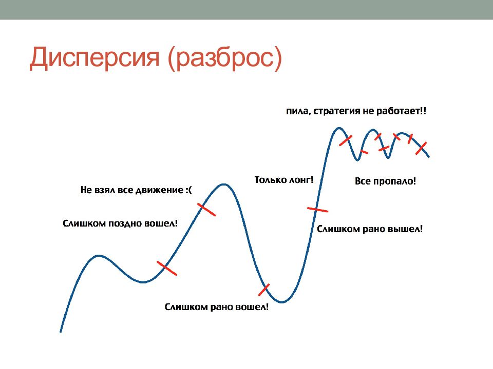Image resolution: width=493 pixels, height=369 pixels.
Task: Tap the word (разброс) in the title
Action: pos(225,58)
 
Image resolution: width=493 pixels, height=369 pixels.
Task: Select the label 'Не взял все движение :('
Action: pos(136,190)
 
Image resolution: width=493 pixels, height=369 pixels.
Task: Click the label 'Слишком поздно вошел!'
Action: pos(120,223)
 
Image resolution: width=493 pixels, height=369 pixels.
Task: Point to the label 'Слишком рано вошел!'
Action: pos(217,306)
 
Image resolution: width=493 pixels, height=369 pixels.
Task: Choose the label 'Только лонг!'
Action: pos(283,180)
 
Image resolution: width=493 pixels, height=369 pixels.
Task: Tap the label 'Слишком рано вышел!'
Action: pos(369,229)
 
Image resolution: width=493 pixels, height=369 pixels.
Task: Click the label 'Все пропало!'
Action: pos(385,181)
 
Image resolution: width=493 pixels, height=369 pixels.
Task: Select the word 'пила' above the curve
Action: pos(297,111)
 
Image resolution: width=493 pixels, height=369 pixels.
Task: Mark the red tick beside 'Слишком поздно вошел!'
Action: pos(166,268)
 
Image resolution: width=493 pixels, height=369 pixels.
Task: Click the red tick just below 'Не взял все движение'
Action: pos(206,210)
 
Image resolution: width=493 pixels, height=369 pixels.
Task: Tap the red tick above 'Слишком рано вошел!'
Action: pos(264,290)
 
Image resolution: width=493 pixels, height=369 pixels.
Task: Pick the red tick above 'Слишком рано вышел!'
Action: pos(317,209)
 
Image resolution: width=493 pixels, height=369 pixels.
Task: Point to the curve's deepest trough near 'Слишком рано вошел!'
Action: pos(281,302)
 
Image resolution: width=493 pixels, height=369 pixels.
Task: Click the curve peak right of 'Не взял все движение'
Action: pos(223,184)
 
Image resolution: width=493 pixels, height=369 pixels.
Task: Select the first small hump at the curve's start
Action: pos(99,256)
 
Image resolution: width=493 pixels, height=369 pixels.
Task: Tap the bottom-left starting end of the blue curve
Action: pos(61,332)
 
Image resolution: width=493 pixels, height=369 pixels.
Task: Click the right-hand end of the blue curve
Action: pos(429,157)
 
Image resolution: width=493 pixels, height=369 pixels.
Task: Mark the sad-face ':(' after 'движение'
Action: pos(188,190)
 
